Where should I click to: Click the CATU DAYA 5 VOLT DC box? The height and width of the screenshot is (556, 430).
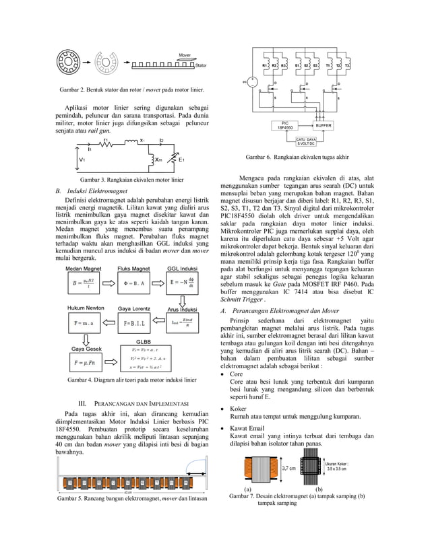tap(307, 141)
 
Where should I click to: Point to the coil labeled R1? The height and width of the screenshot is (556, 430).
tap(265, 65)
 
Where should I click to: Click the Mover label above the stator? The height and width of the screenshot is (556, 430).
tap(184, 55)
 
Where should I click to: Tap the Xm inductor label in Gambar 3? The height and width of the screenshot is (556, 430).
tap(158, 160)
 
